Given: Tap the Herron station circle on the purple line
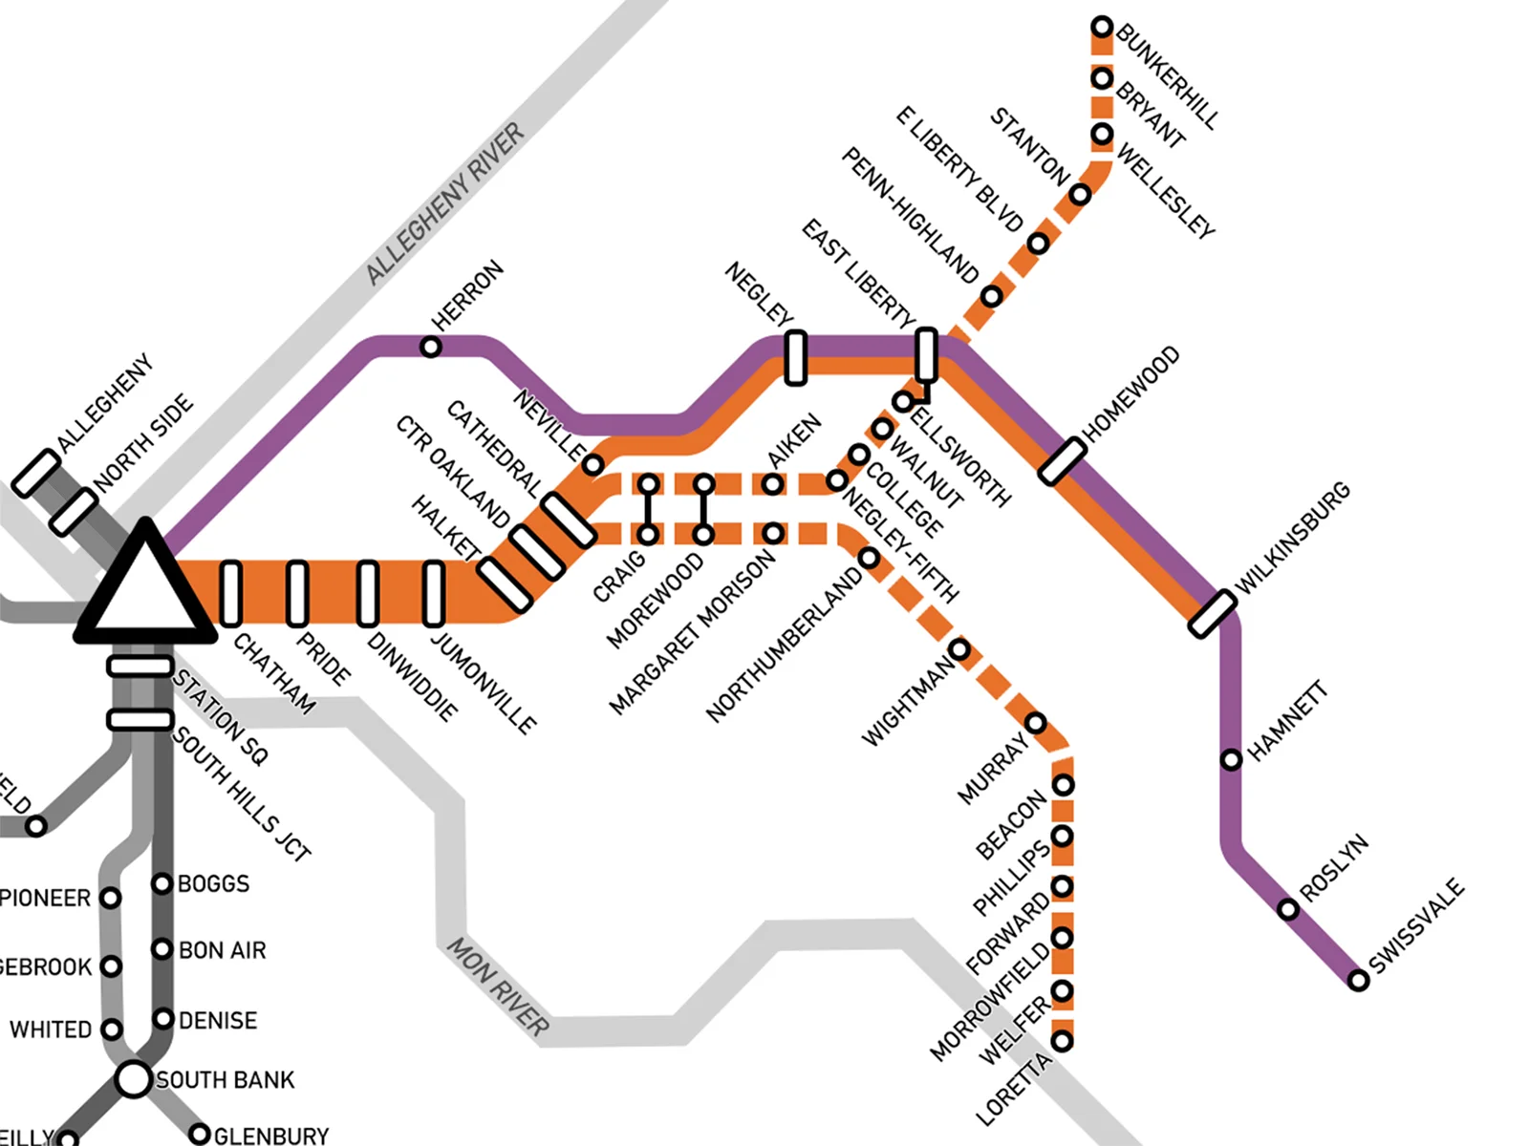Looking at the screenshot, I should click(x=431, y=347).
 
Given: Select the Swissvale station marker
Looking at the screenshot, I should click(x=1358, y=980).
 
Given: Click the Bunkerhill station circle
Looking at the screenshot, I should click(x=1102, y=27).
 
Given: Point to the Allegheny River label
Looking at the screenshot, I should click(x=445, y=204).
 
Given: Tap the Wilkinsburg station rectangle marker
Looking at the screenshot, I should click(x=1213, y=613).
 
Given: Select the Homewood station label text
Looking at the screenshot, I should click(x=1131, y=393).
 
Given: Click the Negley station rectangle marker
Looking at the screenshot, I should click(x=795, y=358).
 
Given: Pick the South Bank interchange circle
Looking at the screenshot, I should click(x=134, y=1079).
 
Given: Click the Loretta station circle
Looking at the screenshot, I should click(x=1062, y=1041).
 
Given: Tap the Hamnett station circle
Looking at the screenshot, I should click(x=1232, y=760).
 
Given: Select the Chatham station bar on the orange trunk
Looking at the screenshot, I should click(x=230, y=593).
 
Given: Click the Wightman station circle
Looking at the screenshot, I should click(x=959, y=650).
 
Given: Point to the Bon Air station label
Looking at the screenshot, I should click(x=222, y=950).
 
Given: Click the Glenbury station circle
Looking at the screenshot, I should click(x=199, y=1135).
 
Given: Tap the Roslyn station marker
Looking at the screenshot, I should click(x=1288, y=909).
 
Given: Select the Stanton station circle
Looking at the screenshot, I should click(x=1080, y=195).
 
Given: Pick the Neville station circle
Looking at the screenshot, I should click(x=592, y=465).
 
